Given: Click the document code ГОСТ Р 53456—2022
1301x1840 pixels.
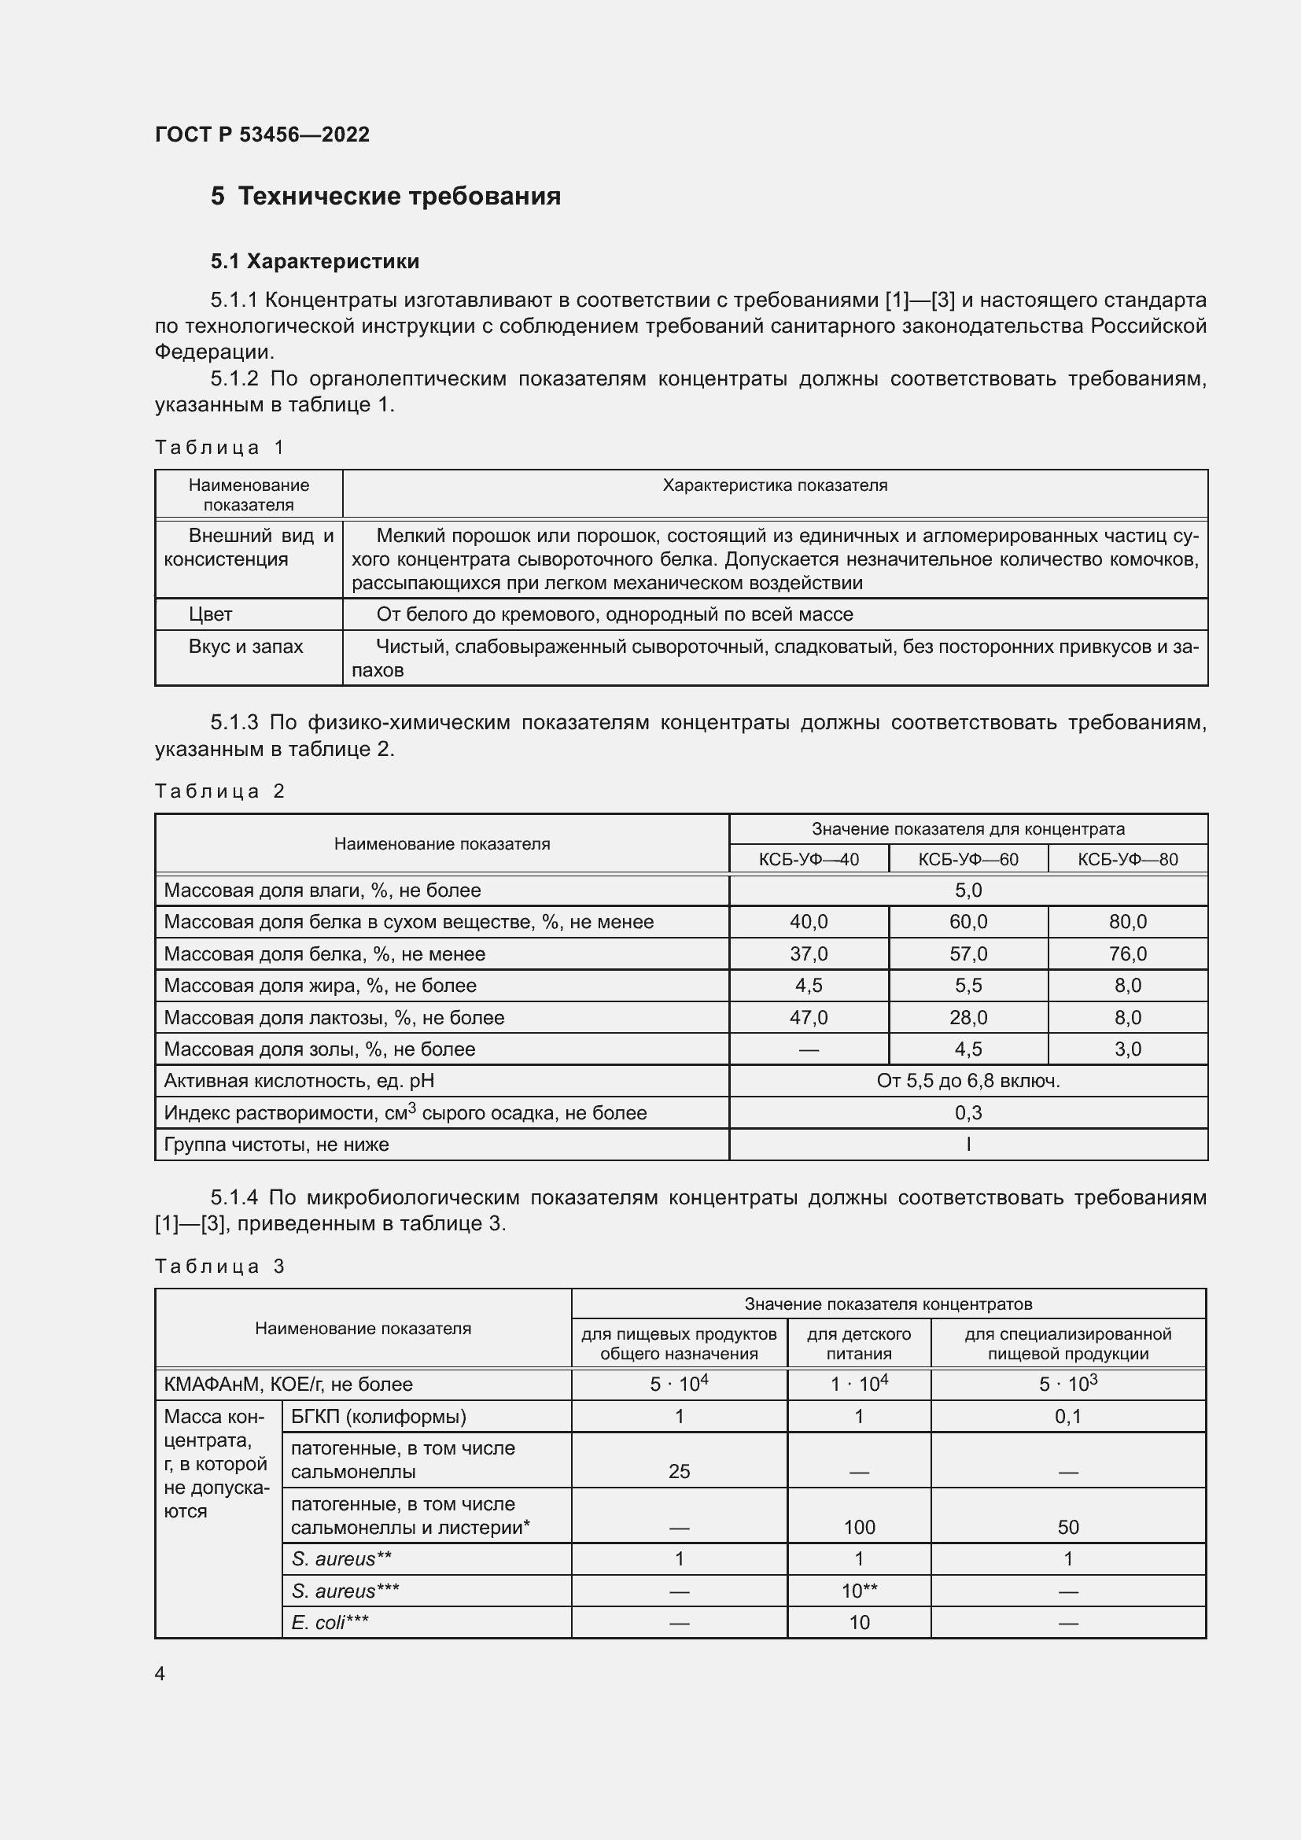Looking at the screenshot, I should pos(262,135).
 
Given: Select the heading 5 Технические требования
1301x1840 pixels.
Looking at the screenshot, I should pos(385,197).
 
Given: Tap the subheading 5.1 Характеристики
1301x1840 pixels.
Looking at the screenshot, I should pos(315,261).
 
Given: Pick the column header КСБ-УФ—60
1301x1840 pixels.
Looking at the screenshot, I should pos(967,859).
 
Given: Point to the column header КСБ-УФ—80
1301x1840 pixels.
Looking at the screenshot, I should pos(1127,859).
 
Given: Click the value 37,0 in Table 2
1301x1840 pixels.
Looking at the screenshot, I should pos(809,953).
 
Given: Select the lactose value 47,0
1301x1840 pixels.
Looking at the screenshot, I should pos(809,1018).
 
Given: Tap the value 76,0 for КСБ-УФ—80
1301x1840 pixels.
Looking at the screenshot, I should pos(1127,953).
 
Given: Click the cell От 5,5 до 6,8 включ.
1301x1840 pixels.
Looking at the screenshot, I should pos(967,1081).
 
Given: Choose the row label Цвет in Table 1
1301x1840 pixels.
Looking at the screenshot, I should pos(211,614).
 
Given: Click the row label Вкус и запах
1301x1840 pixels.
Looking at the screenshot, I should pos(246,647).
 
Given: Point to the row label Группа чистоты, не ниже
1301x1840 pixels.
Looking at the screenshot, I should pos(276,1145).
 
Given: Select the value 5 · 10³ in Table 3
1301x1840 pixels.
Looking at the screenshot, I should pos(1068,1384).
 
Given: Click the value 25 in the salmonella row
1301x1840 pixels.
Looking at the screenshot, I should pos(679,1471).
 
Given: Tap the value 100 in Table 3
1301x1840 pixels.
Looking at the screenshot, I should pos(859,1527).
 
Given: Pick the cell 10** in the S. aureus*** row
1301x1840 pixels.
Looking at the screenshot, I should pos(859,1591).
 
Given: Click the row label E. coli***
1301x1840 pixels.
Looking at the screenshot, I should pos(330,1622).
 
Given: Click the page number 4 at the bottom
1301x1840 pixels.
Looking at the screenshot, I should pos(160,1673).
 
